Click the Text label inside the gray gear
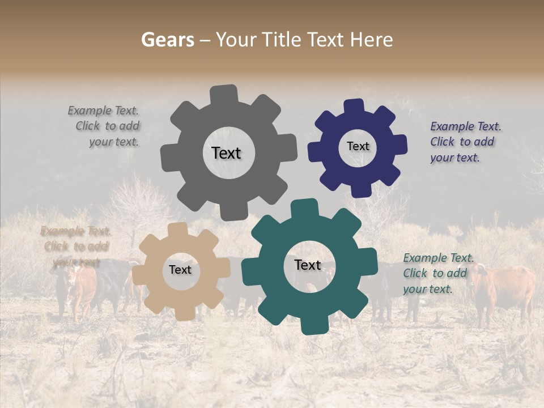(226, 153)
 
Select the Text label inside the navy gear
(358, 146)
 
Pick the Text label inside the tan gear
(180, 270)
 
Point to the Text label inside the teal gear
(308, 265)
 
